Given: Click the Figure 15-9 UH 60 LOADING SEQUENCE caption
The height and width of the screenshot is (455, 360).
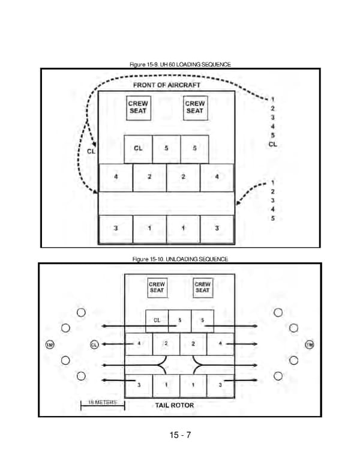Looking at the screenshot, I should coord(180,64).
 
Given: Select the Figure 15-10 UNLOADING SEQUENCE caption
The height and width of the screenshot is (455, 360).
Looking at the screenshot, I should coord(180,259).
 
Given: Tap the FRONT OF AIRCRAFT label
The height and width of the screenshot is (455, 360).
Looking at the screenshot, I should coord(166,85).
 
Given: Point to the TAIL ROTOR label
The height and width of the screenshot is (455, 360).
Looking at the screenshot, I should coord(170,405).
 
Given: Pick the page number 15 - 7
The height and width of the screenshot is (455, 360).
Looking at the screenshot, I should coord(180,435).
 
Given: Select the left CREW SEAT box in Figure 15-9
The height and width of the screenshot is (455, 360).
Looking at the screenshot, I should coord(138,107).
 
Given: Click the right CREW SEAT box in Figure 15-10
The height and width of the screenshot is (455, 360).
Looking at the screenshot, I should coord(203,287).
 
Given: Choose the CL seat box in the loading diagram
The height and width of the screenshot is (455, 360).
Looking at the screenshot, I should coord(138,149).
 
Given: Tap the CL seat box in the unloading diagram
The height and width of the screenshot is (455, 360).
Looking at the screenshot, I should coord(157,321).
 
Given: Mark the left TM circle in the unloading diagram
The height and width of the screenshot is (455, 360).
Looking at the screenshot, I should coord(50,345).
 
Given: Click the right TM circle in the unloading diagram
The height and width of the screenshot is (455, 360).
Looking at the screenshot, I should coord(310,345).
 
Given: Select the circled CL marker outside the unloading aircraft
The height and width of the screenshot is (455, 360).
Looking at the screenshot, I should coord(94,345).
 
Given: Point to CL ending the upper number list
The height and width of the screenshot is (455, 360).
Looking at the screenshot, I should coord(272,144).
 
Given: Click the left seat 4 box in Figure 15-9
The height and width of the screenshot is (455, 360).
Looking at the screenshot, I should coord(115,178).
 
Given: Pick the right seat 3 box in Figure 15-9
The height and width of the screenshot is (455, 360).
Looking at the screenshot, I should coord(216,229).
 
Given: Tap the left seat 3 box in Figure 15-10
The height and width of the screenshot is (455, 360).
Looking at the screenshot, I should coord(139,385).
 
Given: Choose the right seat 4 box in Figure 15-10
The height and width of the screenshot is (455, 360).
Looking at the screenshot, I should coord(221,343).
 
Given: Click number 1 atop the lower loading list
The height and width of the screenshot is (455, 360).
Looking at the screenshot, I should coord(272,182).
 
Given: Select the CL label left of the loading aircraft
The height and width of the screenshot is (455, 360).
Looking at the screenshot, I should coord(91,151).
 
